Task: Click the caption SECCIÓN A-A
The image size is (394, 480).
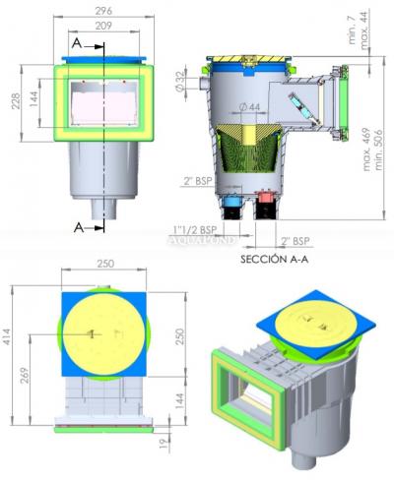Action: [277, 261]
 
